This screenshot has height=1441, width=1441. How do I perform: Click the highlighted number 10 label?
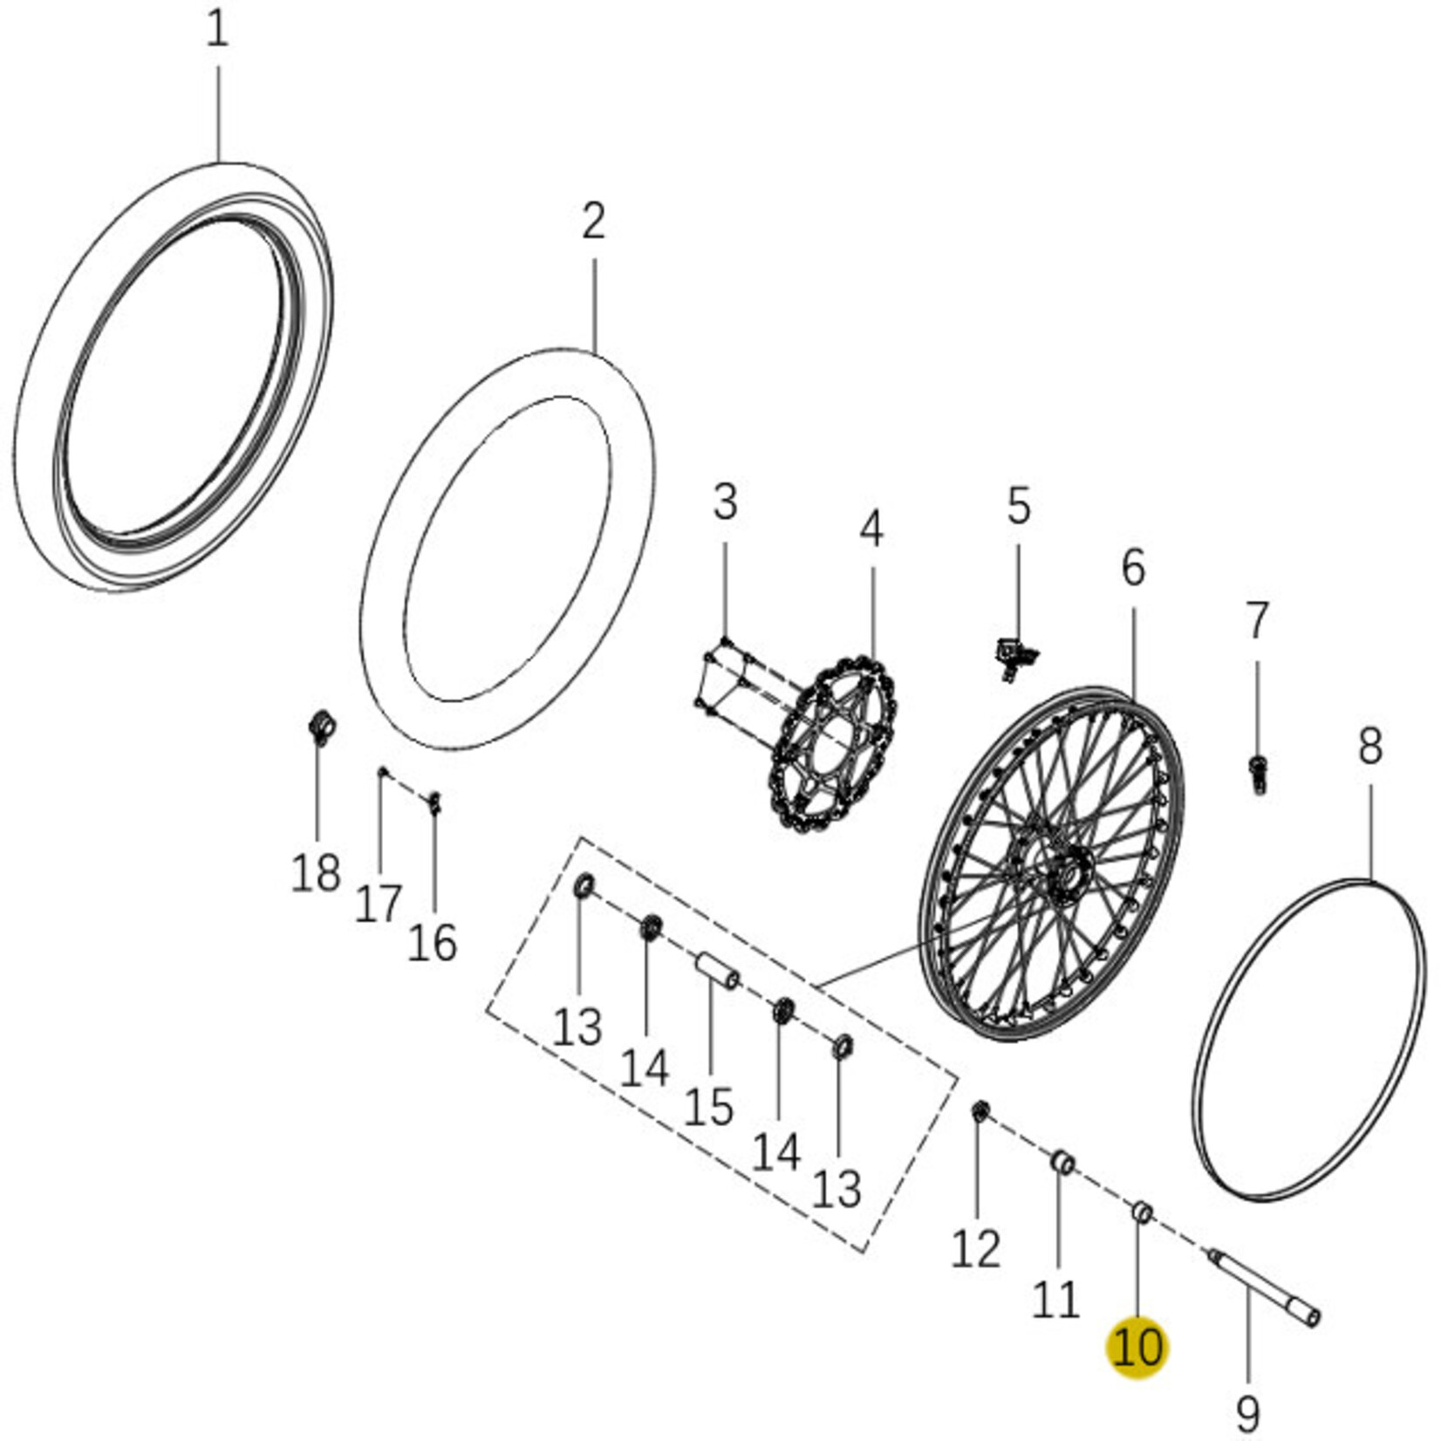tap(1137, 1347)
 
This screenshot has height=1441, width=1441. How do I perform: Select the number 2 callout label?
tap(593, 222)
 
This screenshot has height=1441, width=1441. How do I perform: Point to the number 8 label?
tap(1369, 747)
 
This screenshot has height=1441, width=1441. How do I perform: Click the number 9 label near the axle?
tap(1248, 1411)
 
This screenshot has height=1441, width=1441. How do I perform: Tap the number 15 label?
tap(708, 1107)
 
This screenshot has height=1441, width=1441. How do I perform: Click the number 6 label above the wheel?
tap(1132, 569)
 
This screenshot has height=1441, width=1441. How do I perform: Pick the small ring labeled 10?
tap(1142, 1212)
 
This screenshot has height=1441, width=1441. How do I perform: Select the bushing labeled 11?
tap(1062, 1163)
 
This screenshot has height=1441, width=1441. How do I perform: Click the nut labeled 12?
tap(980, 1111)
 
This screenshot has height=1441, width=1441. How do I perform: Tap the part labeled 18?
tap(323, 727)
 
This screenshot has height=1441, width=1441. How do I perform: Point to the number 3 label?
tap(725, 503)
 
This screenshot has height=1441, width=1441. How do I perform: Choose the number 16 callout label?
tap(432, 943)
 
